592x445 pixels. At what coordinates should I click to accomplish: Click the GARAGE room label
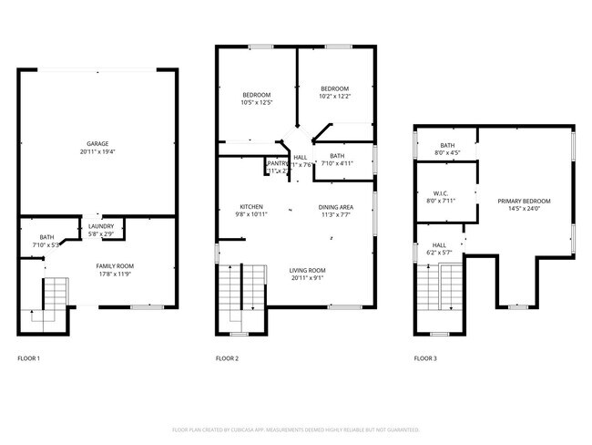point(97,143)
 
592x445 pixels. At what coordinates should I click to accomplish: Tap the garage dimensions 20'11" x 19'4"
point(97,151)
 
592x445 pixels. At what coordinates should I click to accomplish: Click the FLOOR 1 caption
point(29,358)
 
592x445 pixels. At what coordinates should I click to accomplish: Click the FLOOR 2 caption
point(227,358)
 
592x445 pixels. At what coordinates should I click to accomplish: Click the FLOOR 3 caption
point(424,358)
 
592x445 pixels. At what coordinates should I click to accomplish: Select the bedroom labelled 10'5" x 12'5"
point(256,103)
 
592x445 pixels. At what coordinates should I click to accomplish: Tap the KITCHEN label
point(251,206)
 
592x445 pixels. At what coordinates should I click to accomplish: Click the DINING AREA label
point(335,206)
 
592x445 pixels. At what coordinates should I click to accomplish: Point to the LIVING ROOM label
point(309,270)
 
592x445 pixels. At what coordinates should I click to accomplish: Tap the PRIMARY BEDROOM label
point(524,200)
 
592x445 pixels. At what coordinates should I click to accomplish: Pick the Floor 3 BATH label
point(447,145)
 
